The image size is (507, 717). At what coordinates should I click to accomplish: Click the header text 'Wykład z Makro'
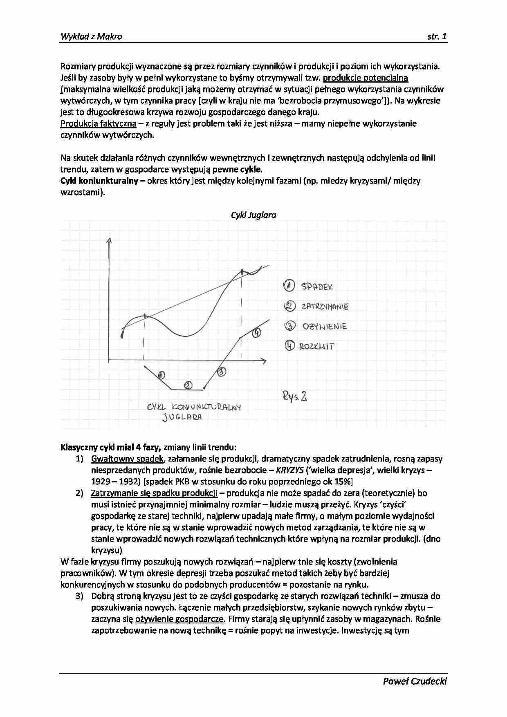point(91,36)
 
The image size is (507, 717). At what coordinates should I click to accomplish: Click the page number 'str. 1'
point(437,36)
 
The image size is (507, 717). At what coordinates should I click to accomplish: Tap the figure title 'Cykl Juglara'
point(253,215)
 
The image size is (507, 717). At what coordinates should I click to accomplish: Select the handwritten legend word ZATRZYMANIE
point(325,306)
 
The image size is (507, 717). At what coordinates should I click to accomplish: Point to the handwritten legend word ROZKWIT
point(317,347)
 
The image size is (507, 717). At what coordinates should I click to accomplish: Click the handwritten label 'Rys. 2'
point(294,396)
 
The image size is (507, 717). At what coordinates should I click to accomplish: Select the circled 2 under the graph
point(188,385)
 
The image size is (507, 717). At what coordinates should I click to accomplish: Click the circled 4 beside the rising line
point(256,333)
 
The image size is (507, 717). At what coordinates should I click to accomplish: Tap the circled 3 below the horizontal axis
point(221,372)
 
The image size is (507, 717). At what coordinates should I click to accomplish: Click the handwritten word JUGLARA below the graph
point(182,417)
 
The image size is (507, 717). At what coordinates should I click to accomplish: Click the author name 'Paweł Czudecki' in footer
point(415,681)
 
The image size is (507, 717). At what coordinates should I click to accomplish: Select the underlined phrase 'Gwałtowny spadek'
point(127,459)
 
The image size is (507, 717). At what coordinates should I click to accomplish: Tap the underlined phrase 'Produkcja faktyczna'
point(98,123)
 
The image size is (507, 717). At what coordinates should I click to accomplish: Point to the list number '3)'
point(80,596)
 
